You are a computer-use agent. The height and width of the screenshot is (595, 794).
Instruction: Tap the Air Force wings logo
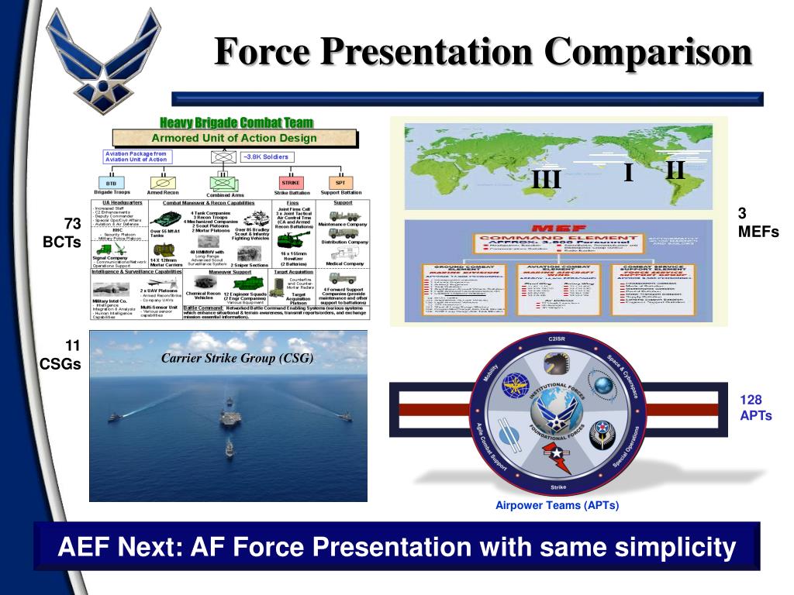click(98, 58)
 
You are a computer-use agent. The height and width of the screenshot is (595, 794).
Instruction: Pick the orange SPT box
click(341, 182)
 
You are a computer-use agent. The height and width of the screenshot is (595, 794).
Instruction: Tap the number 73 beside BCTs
click(71, 225)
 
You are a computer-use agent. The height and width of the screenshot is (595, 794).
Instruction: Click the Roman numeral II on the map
click(675, 170)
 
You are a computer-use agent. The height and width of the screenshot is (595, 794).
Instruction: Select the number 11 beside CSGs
click(71, 347)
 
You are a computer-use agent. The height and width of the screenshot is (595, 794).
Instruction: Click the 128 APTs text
click(755, 408)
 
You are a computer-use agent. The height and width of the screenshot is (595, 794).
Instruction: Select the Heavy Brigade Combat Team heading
click(236, 122)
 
